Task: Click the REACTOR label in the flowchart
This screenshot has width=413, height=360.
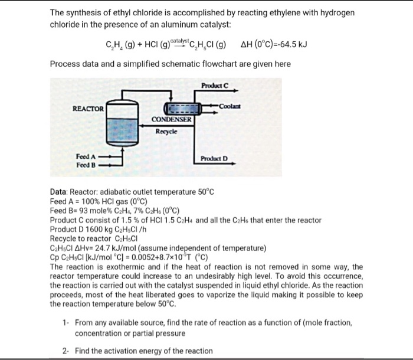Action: (x=88, y=109)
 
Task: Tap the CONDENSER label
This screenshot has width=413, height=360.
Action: (x=171, y=120)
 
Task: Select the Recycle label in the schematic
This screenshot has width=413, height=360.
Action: (x=166, y=132)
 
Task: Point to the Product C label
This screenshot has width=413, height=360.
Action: (x=215, y=85)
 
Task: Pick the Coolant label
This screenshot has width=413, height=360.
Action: (x=230, y=106)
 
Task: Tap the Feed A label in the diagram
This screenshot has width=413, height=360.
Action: (x=86, y=156)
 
